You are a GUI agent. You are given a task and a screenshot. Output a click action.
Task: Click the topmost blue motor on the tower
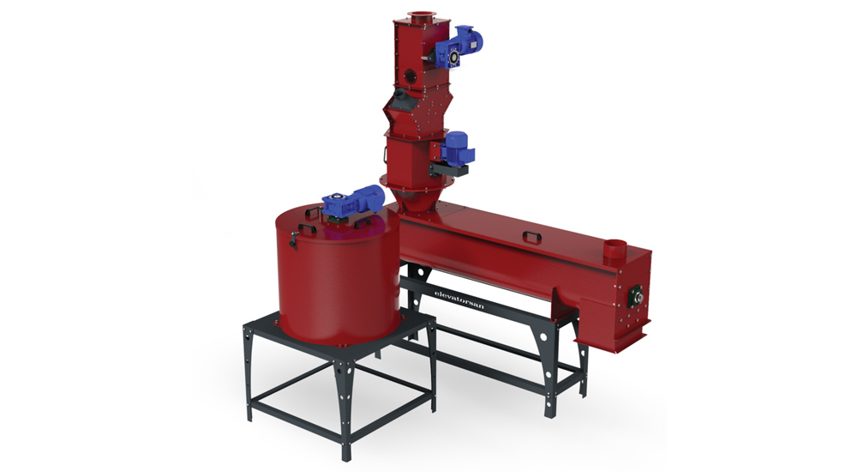[x=459, y=46]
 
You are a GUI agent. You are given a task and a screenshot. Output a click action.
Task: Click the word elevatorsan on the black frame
[x=458, y=300]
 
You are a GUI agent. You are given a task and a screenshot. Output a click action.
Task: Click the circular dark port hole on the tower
[x=408, y=75]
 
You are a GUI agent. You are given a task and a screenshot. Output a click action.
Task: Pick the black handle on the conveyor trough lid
[x=531, y=236]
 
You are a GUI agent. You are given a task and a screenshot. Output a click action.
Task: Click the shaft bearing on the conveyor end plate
[x=637, y=296]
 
